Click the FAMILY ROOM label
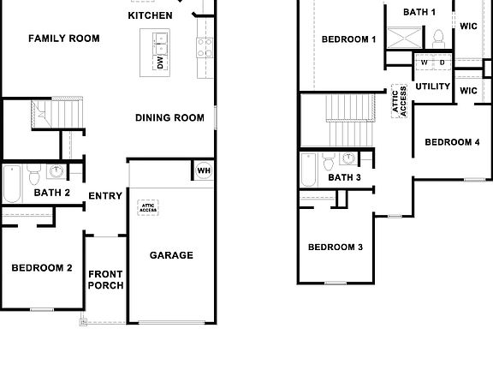(63, 39)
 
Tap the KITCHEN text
(150, 15)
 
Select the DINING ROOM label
(169, 118)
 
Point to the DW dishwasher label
(160, 63)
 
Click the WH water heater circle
(204, 170)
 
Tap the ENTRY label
(105, 196)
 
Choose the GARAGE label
(171, 255)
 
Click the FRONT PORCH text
(106, 279)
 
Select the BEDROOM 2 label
(41, 268)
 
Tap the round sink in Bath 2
(56, 171)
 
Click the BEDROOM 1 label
(348, 39)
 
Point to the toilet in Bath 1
(438, 37)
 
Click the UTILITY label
(432, 87)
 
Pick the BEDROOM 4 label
(452, 142)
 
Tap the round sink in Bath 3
(348, 158)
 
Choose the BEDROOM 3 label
(336, 248)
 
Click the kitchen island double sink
(160, 39)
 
